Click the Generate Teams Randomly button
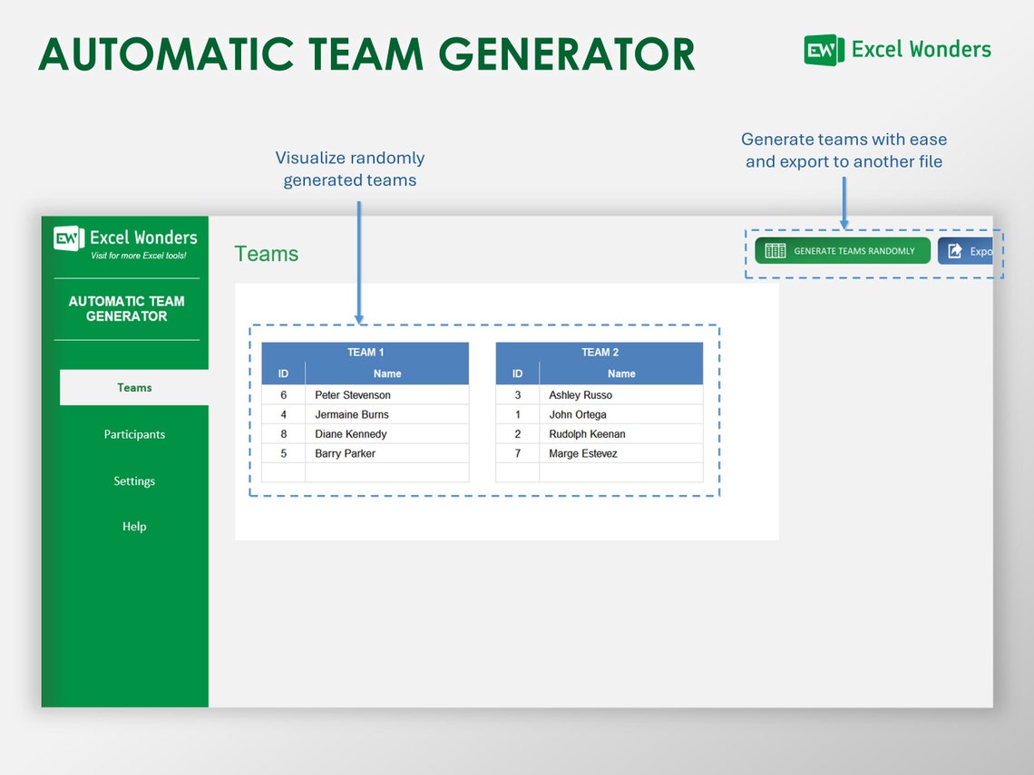[842, 251]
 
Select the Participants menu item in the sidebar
[134, 434]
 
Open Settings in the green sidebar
[134, 481]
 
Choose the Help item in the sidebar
[134, 527]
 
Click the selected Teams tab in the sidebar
[134, 388]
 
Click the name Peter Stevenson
[353, 395]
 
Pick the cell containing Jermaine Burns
[352, 414]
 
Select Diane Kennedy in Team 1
[351, 434]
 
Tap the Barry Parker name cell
[345, 453]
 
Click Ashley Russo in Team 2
[580, 395]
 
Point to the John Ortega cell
[578, 414]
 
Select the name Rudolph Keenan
[587, 434]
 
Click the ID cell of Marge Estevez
[517, 453]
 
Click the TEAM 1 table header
[366, 353]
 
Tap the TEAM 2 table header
[600, 353]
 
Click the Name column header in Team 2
[621, 373]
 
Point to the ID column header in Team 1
[283, 373]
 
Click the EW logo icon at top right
[824, 50]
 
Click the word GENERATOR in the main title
[572, 54]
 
